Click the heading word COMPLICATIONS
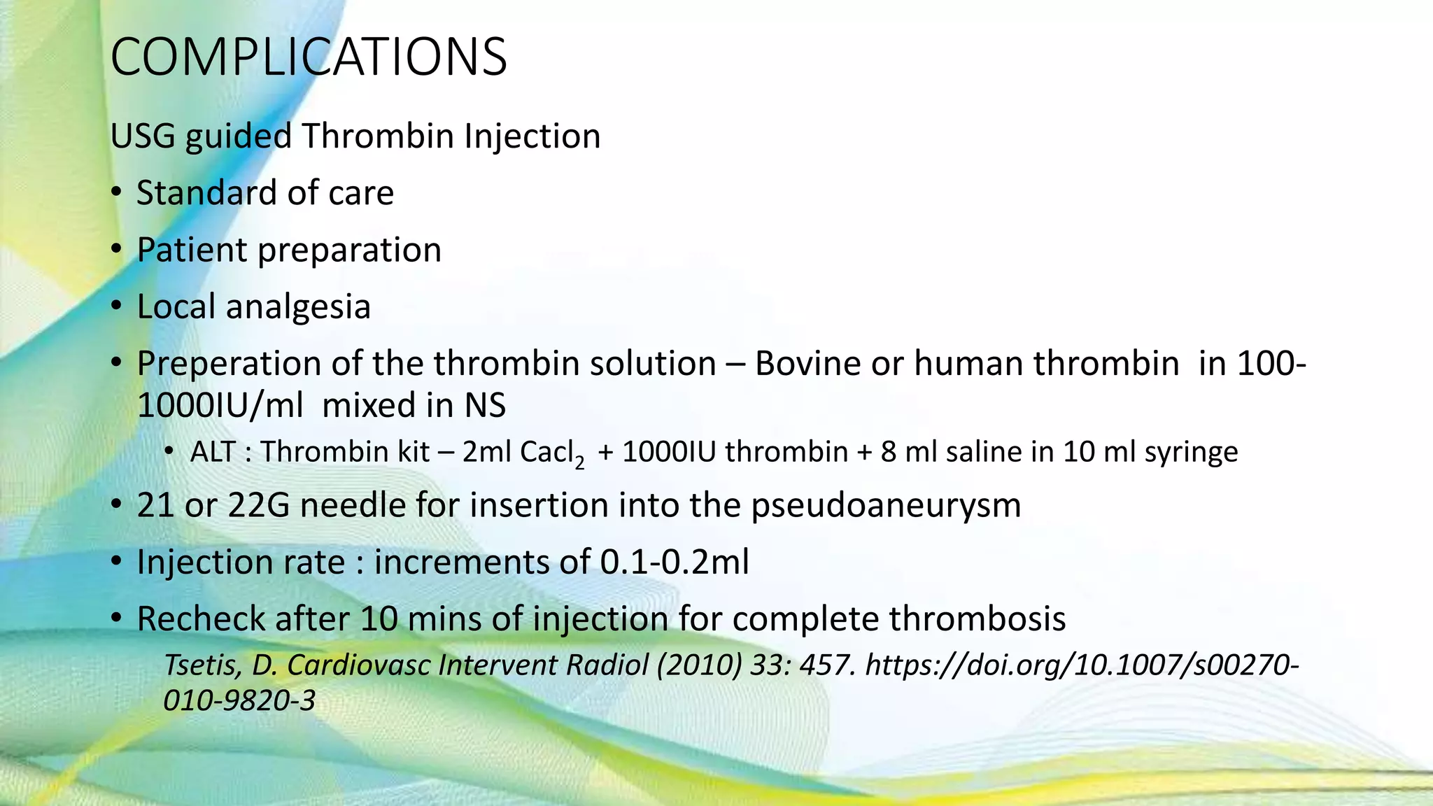coord(308,57)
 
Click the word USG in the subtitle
coord(142,136)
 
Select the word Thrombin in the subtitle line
coord(378,136)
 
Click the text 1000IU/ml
coord(220,405)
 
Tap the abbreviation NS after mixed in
coord(484,405)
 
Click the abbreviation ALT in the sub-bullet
coord(213,452)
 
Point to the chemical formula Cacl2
coord(552,453)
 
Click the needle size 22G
coord(258,505)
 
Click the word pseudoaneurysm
coord(886,505)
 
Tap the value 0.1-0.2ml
coord(675,562)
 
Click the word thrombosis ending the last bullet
coord(977,618)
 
